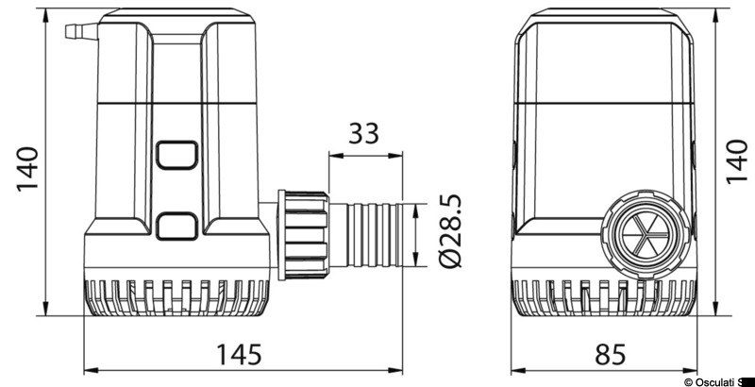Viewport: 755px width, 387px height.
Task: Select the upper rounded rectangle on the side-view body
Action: click(x=176, y=155)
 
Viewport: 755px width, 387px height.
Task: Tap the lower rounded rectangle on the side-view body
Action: click(x=176, y=225)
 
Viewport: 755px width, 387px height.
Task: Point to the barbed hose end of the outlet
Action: click(x=377, y=232)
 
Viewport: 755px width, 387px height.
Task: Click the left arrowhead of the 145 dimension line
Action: click(x=89, y=368)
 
